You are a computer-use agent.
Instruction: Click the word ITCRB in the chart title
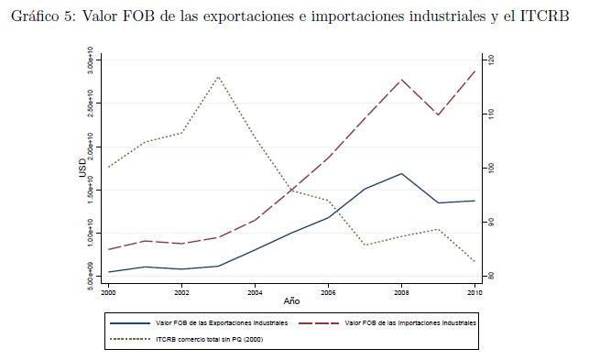pyautogui.click(x=545, y=16)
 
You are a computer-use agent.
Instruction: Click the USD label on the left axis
pyautogui.click(x=82, y=168)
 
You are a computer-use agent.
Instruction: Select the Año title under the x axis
pyautogui.click(x=291, y=301)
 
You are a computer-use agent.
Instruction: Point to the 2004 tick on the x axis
pyautogui.click(x=255, y=293)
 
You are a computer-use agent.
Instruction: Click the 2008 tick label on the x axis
pyautogui.click(x=401, y=293)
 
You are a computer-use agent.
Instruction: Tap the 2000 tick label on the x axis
pyautogui.click(x=109, y=293)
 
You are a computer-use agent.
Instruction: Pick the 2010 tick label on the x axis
pyautogui.click(x=474, y=293)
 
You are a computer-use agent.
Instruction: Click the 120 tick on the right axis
pyautogui.click(x=491, y=60)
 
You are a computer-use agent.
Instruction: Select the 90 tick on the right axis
pyautogui.click(x=491, y=223)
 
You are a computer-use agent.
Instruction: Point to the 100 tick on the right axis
pyautogui.click(x=491, y=168)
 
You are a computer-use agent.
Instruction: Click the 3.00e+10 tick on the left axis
pyautogui.click(x=90, y=60)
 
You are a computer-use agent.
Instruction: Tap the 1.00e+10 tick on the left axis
pyautogui.click(x=90, y=233)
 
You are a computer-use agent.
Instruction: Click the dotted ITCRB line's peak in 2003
pyautogui.click(x=218, y=77)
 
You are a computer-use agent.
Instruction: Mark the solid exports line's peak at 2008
pyautogui.click(x=401, y=174)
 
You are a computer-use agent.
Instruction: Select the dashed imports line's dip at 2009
pyautogui.click(x=438, y=115)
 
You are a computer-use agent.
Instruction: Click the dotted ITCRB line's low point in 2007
pyautogui.click(x=365, y=245)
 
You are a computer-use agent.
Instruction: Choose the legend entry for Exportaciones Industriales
pyautogui.click(x=199, y=323)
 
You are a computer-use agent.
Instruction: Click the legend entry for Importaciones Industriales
pyautogui.click(x=387, y=323)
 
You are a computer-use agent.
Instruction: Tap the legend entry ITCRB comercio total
pyautogui.click(x=187, y=339)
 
